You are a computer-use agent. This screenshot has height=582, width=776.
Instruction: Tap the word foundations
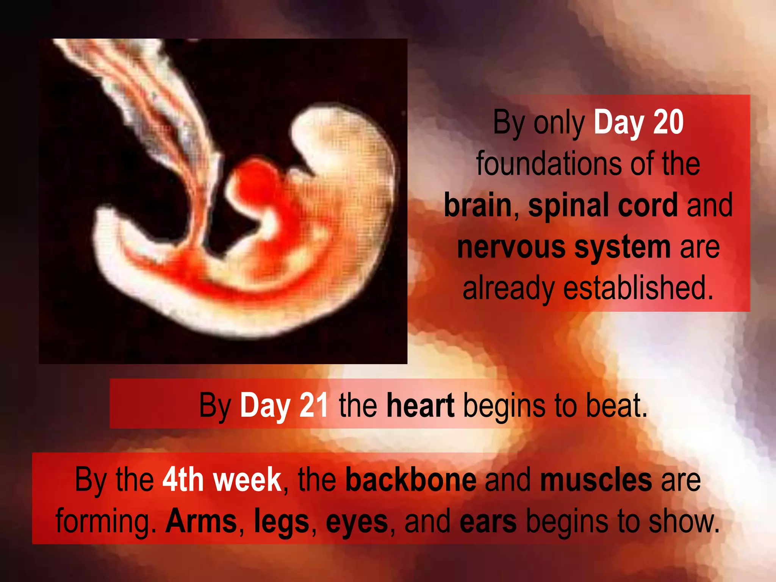coord(549,164)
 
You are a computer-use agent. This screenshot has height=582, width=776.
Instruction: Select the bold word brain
coord(478,205)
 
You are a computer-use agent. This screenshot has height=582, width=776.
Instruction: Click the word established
coord(638,288)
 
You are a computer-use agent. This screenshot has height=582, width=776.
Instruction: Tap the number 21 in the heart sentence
coord(314,405)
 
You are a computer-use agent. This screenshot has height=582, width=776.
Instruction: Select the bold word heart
coord(420,405)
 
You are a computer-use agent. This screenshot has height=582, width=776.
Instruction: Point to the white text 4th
coord(183,480)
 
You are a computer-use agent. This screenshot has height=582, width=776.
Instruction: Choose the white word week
coord(247,480)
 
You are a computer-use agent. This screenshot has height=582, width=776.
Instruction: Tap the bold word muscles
coord(596,480)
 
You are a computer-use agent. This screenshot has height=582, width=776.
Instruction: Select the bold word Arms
coord(201,521)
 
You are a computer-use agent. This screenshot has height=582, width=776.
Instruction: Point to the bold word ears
coord(488,521)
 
